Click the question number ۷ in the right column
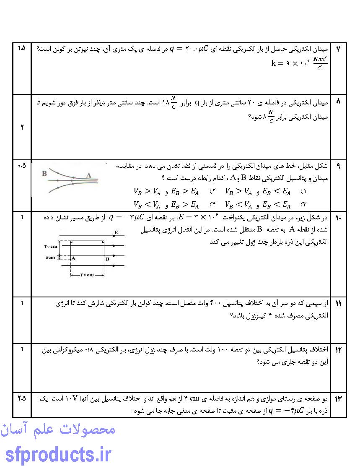click(x=339, y=49)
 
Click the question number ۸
click(x=339, y=102)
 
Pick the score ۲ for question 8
click(x=22, y=127)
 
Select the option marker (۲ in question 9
click(x=212, y=192)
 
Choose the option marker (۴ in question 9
click(x=212, y=205)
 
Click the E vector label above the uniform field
click(x=115, y=231)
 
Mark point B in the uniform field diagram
click(x=107, y=259)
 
